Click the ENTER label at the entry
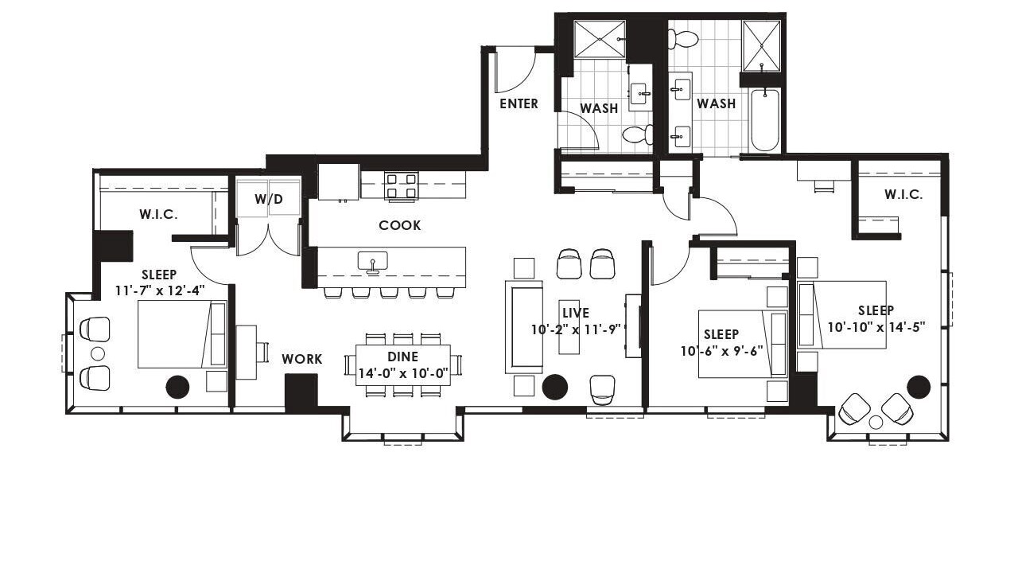coord(519,103)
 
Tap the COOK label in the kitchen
coord(400,225)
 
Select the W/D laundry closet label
coord(269,199)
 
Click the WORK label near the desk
coord(302,359)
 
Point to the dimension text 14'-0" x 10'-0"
coord(403,374)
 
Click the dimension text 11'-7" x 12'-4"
coord(160,290)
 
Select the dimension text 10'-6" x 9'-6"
coord(722,351)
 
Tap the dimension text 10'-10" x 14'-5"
coord(876,327)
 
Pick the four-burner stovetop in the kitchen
coord(401,185)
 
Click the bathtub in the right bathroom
coord(764,120)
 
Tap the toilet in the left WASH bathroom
coord(638,134)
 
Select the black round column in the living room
coord(554,388)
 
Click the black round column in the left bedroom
coord(177,387)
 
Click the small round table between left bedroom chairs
coord(98,353)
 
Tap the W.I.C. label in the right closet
coord(903,195)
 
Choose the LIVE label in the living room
coord(576,313)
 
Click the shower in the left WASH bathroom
coord(600,39)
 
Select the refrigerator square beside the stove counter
coord(339,181)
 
